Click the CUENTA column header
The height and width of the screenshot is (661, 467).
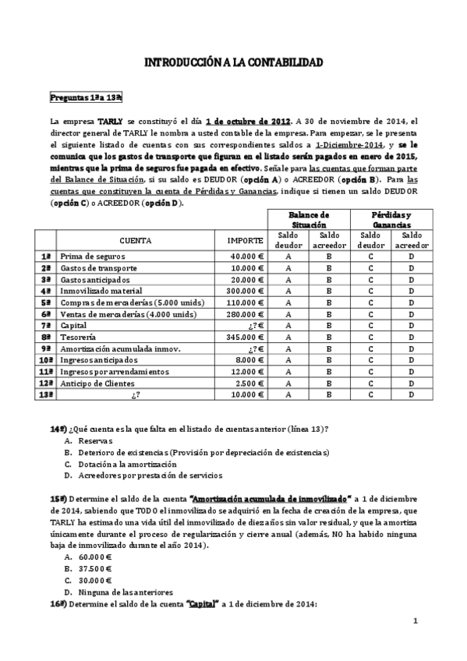click(136, 241)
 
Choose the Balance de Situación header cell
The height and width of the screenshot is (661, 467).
click(309, 219)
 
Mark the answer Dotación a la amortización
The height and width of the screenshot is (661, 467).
click(127, 464)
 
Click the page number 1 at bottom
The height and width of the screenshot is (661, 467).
click(416, 620)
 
